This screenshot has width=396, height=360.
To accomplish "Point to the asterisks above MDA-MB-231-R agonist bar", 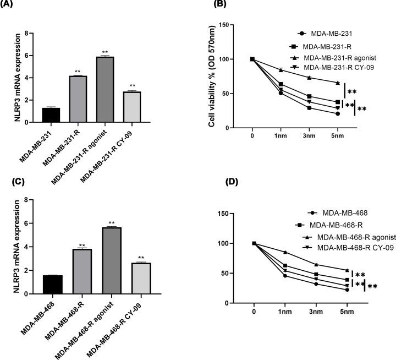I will coord(105,52).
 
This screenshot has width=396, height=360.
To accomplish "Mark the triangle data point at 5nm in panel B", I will coord(338,83).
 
